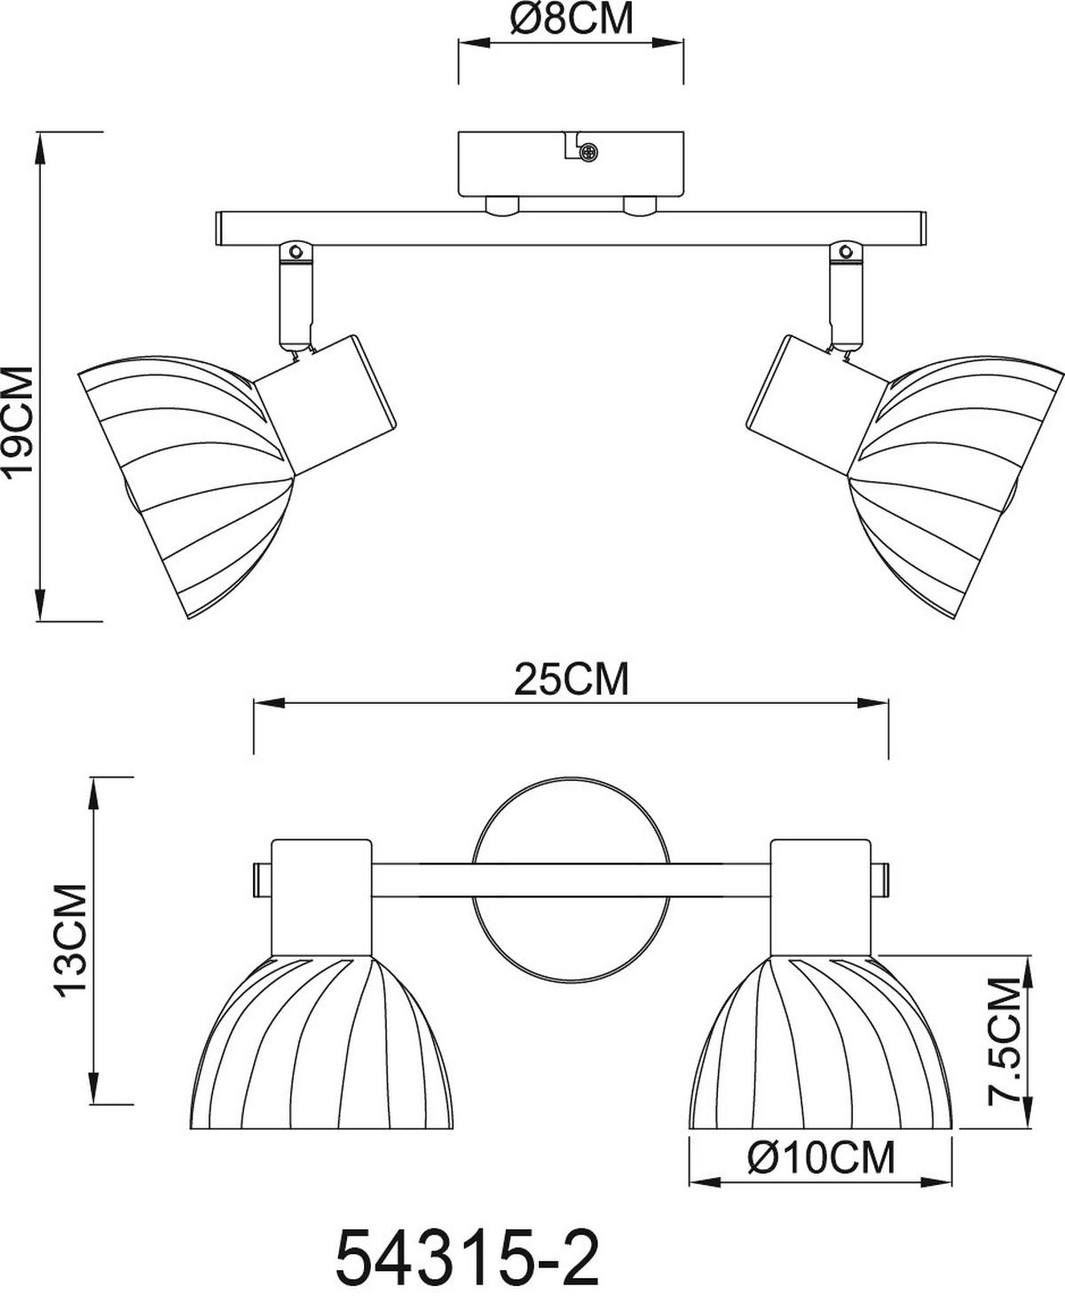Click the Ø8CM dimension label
tap(572, 20)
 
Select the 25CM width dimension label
tap(571, 681)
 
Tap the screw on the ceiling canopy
tap(588, 154)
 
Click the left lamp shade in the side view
tap(186, 479)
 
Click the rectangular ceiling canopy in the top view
tap(571, 164)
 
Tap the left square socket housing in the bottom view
tap(321, 896)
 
